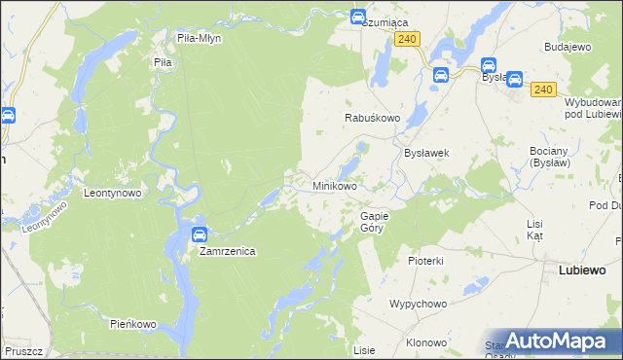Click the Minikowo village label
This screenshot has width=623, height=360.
[x=334, y=185]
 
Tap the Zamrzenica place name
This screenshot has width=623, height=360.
[x=227, y=251]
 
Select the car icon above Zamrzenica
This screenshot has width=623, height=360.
[x=200, y=234]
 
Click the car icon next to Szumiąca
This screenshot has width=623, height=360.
[x=357, y=18]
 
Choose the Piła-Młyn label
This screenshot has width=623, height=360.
[x=200, y=38]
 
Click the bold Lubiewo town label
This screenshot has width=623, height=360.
[x=583, y=270]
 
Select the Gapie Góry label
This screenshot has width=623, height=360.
[x=374, y=221]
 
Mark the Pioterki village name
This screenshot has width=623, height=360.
[x=426, y=261]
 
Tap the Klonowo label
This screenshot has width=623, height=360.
[x=426, y=342]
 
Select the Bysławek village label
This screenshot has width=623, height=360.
[x=425, y=153]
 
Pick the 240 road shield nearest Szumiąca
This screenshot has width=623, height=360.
[x=408, y=38]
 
